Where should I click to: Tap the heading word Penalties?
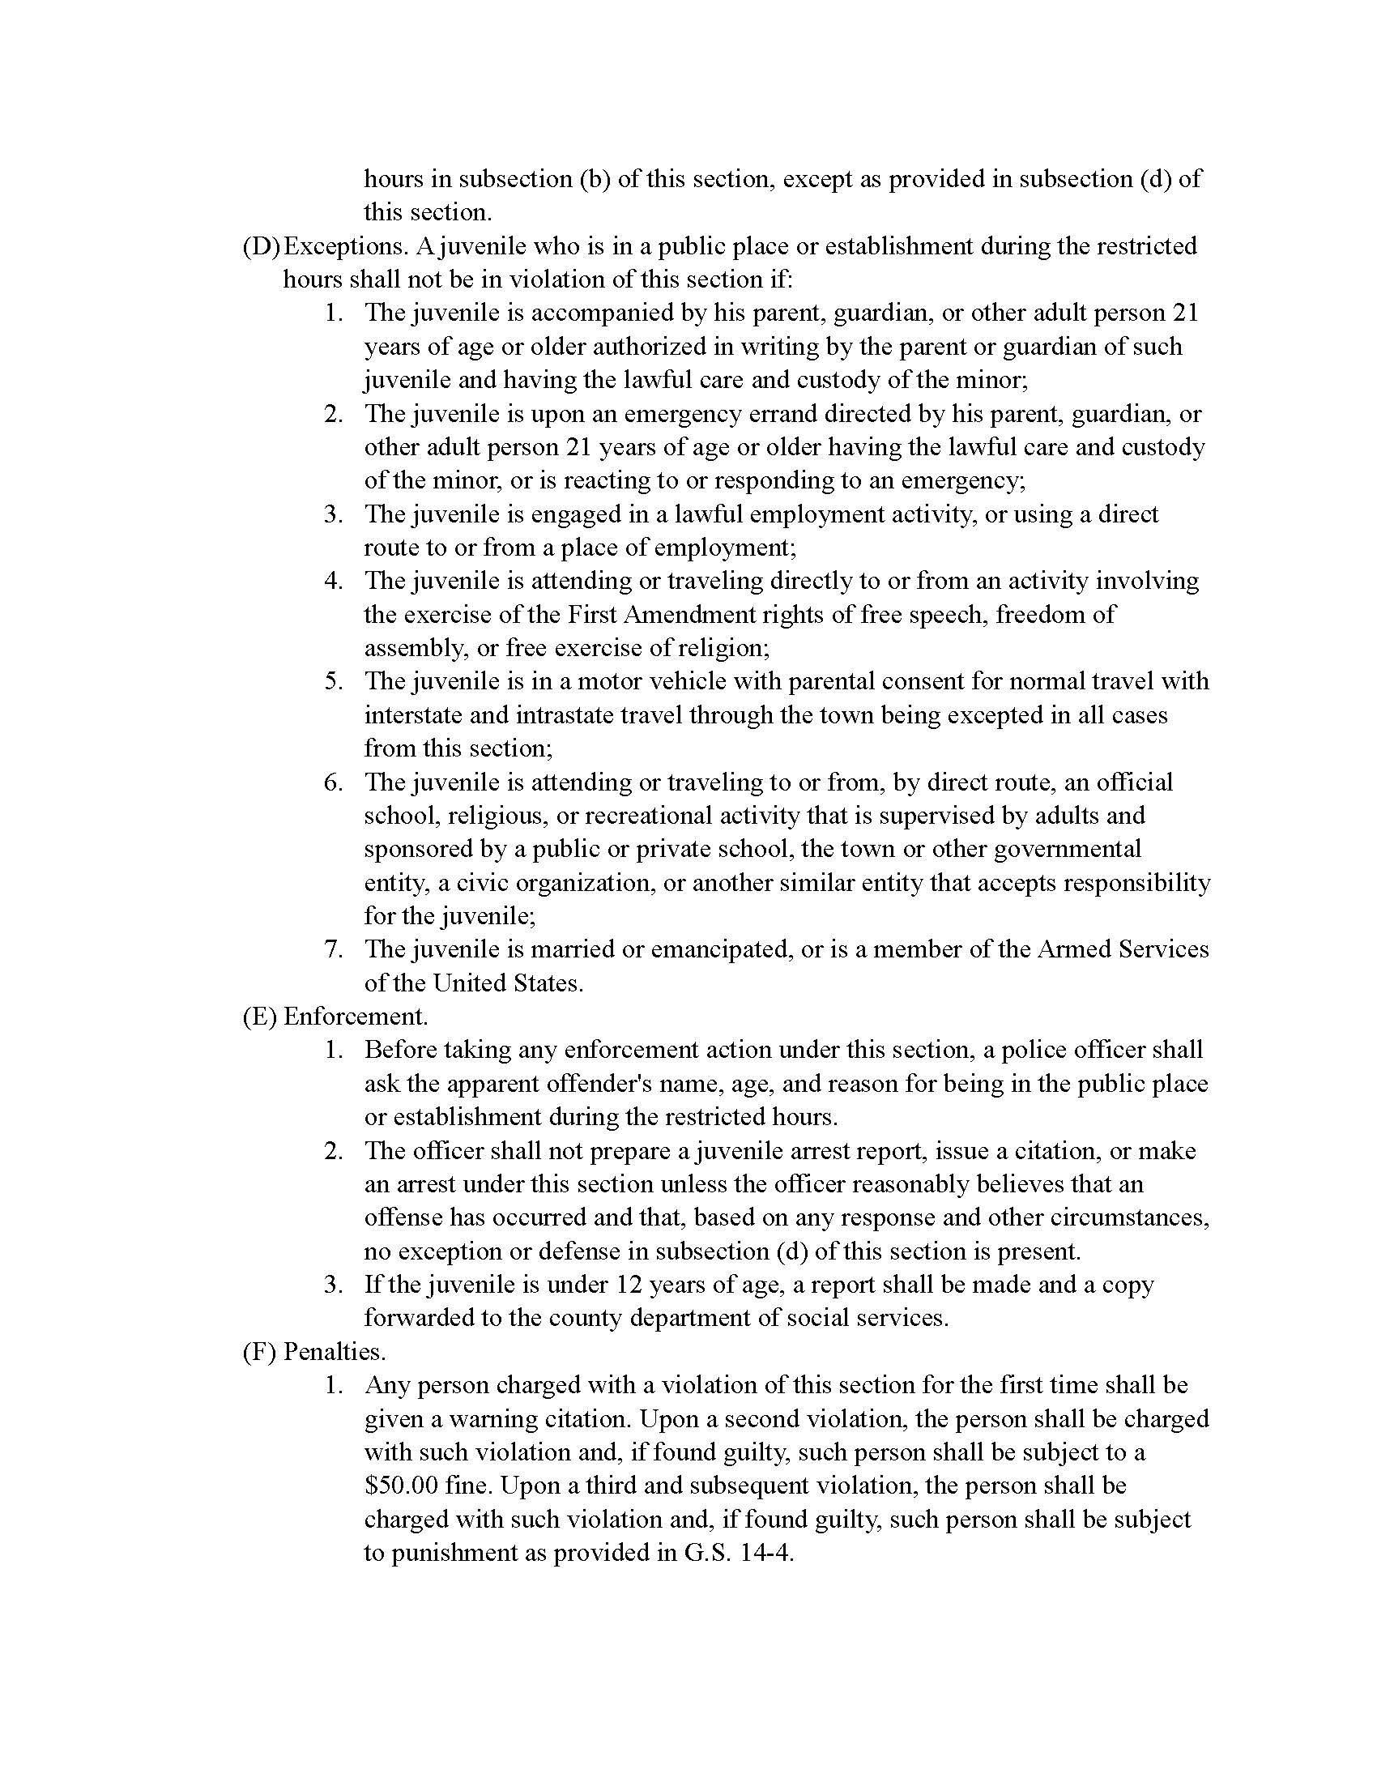pos(335,1352)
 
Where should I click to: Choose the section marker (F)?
pos(258,1352)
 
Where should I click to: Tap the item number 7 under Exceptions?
pos(331,950)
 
